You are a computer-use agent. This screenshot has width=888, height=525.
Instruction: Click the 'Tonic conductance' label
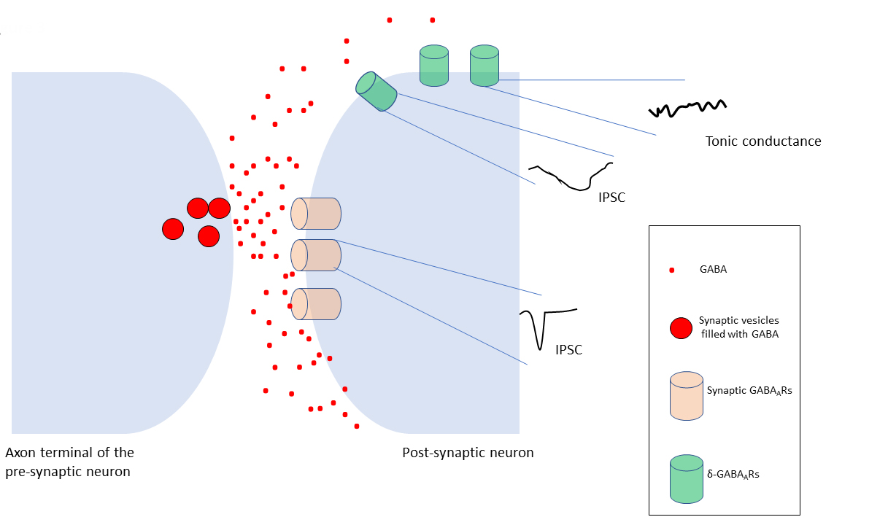point(762,141)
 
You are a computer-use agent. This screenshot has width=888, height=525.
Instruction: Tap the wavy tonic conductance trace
point(687,109)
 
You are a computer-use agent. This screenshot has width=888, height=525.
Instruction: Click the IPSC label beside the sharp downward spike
point(568,350)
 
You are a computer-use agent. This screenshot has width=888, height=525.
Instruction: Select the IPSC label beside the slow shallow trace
point(611,198)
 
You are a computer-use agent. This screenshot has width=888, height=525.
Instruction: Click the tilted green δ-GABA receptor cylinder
point(377,91)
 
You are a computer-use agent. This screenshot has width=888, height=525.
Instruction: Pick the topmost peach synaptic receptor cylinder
point(316,214)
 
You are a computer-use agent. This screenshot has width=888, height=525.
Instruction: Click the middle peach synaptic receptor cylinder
point(316,255)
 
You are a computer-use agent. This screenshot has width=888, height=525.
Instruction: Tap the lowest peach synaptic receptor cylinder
point(316,304)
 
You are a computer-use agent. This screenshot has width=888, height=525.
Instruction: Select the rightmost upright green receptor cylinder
point(484,66)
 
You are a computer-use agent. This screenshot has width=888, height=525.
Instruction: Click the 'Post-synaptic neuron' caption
point(468,453)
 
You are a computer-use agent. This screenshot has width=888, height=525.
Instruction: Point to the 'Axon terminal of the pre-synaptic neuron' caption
point(69,462)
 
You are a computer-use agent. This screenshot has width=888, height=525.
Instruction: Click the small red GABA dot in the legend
point(671,270)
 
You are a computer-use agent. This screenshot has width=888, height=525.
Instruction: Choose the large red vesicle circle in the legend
point(681,329)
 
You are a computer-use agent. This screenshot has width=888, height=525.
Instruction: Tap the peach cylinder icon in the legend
point(687,396)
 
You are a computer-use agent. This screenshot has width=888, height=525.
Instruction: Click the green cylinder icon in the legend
point(687,478)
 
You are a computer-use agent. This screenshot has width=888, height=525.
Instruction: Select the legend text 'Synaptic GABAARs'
point(749,391)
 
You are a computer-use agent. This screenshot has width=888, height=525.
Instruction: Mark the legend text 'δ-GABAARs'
point(738,474)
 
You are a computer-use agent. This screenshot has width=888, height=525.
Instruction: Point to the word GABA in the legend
point(713,270)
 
